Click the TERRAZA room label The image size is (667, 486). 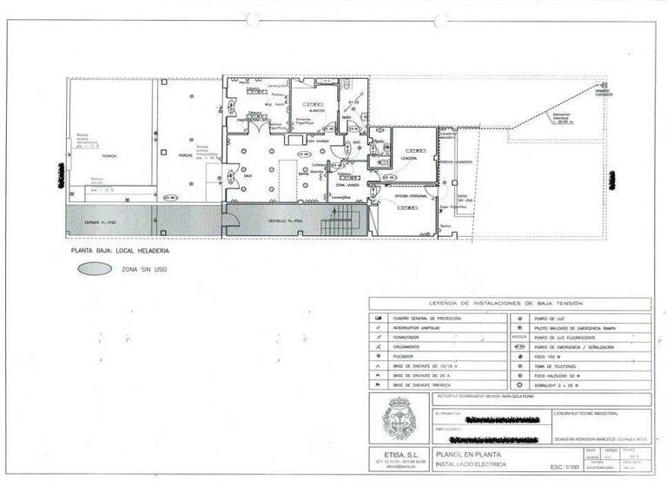[x=109, y=156]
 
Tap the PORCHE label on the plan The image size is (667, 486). [x=185, y=156]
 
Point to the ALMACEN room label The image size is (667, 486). [x=315, y=111]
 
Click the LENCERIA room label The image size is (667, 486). [x=409, y=159]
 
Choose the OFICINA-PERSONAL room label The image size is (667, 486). [x=412, y=196]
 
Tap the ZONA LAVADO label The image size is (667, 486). [x=347, y=186]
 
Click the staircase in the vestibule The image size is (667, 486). [x=339, y=227]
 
